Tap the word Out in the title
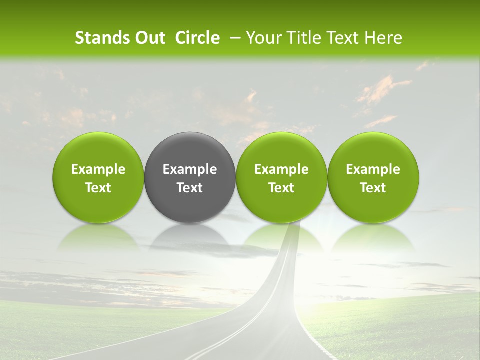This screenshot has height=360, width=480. (x=149, y=38)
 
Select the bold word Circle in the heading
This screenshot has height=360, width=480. (x=197, y=38)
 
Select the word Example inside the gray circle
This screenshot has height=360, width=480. (x=190, y=169)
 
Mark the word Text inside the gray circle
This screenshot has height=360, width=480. (x=190, y=188)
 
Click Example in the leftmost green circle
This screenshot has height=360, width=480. (x=98, y=169)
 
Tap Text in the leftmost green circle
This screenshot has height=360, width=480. (x=98, y=188)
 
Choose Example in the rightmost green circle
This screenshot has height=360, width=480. (x=373, y=169)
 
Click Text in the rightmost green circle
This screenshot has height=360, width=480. (x=373, y=188)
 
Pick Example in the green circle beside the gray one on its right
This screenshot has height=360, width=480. (x=281, y=169)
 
